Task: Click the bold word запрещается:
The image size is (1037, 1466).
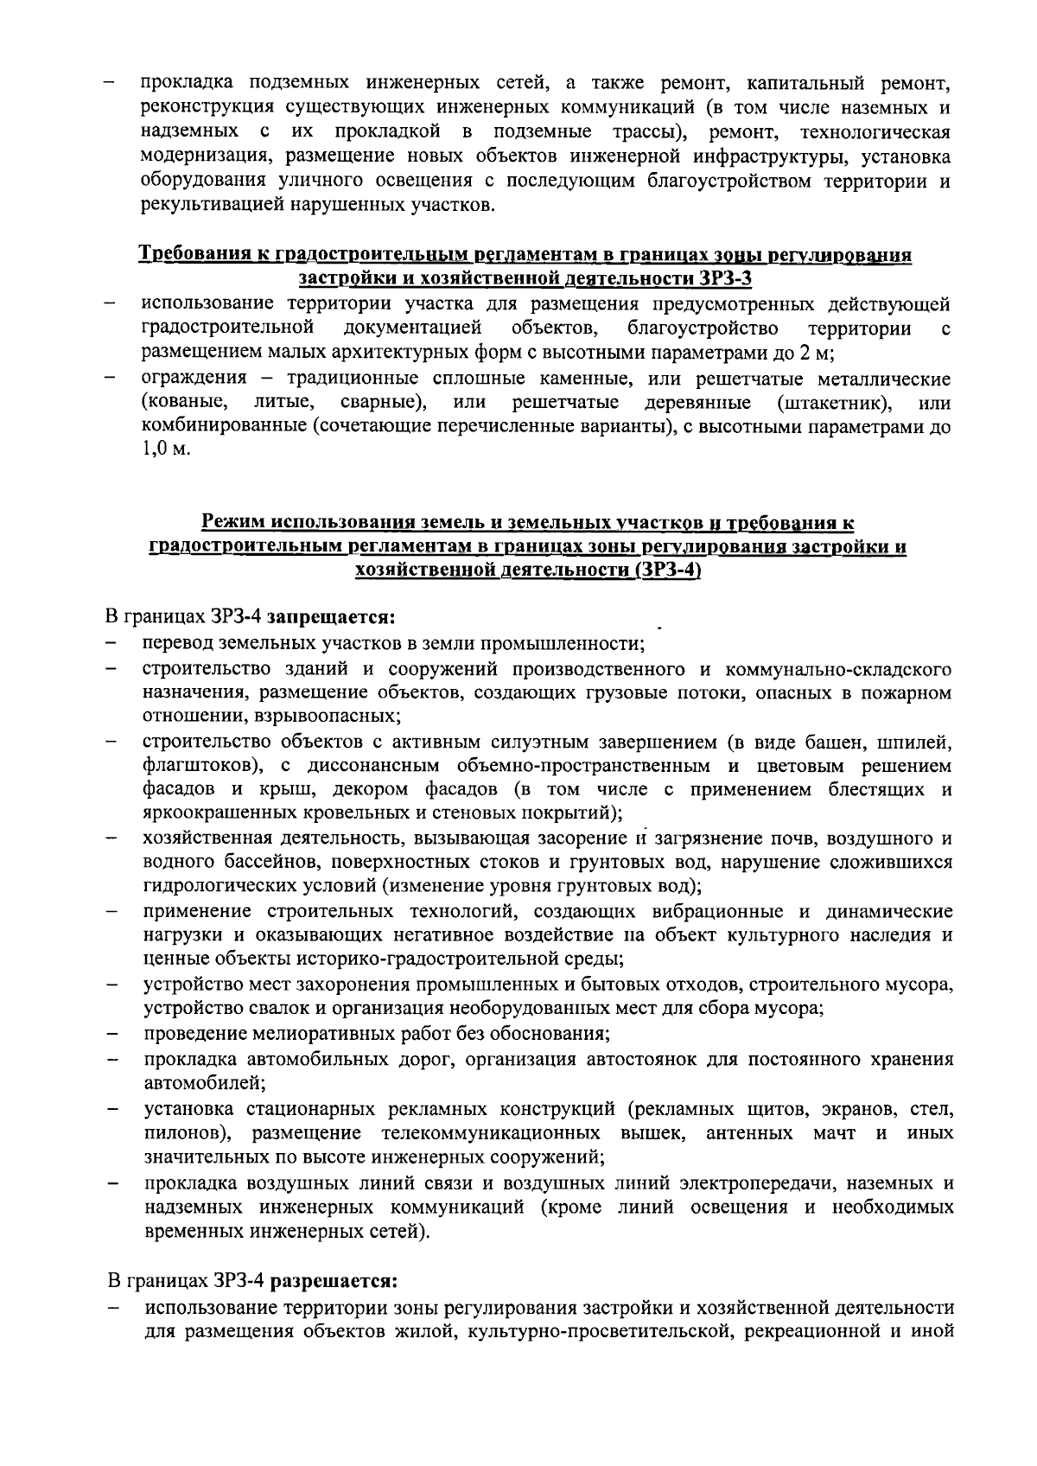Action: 330,618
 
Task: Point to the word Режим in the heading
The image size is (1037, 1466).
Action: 232,523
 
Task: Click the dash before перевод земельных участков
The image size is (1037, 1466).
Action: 111,644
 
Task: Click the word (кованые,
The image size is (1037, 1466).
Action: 184,403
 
